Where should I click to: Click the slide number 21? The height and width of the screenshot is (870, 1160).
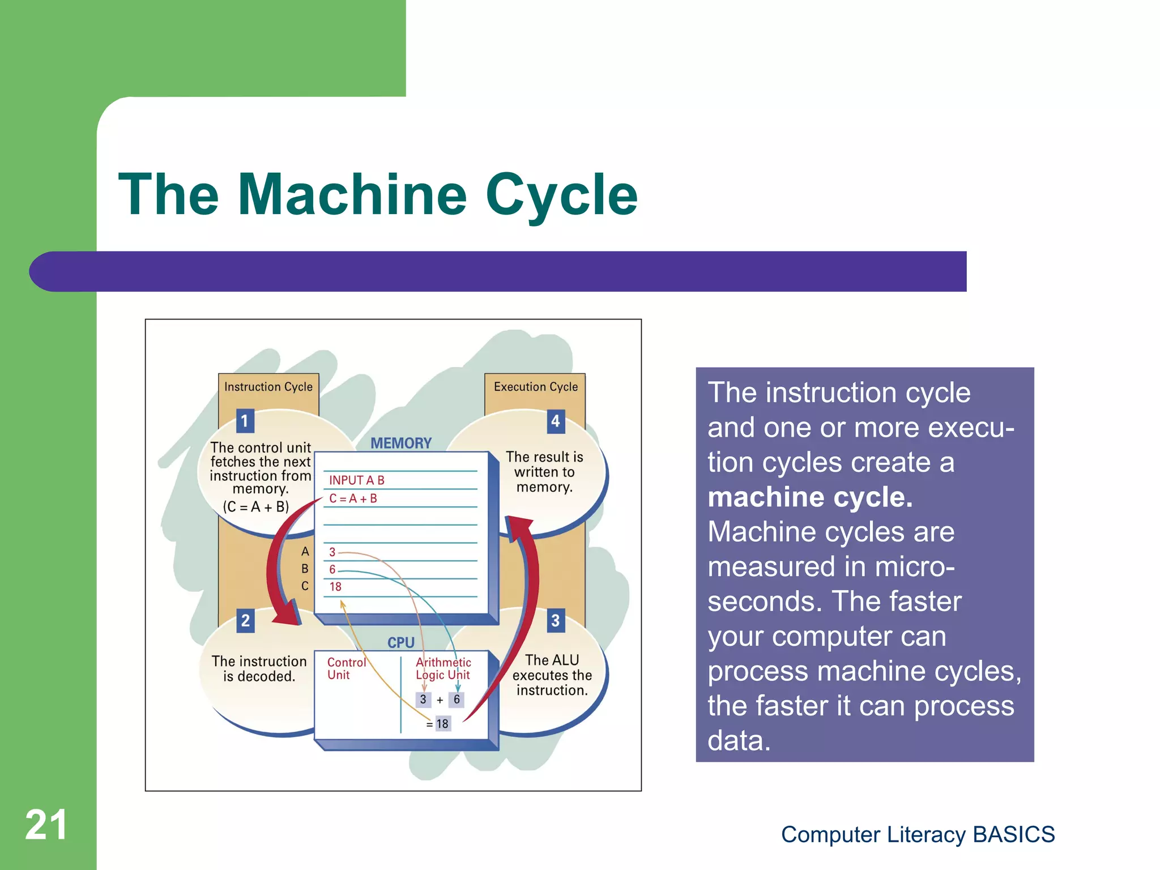coord(46,825)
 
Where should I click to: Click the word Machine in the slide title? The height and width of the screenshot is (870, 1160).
coord(352,195)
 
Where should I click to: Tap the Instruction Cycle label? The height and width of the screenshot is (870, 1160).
coord(268,387)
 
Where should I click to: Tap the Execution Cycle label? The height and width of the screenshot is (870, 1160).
coord(536,387)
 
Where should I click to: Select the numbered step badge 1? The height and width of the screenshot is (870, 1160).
coord(245,421)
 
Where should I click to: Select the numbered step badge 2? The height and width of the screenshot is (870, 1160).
coord(245,621)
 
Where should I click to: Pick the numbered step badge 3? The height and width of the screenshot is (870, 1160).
coord(556,621)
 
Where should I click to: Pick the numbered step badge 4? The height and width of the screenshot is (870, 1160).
coord(556,421)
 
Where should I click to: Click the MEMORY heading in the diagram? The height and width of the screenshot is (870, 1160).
coord(401,443)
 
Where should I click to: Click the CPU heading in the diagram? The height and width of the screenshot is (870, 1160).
coord(401,643)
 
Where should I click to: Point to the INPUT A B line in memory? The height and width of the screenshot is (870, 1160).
coord(357,480)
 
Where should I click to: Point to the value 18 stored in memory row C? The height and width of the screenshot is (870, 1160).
coord(335,587)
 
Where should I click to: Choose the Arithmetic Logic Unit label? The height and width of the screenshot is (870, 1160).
coord(443,669)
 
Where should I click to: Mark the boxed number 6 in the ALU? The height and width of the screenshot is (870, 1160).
coord(457,700)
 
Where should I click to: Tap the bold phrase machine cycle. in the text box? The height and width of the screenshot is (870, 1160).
coord(810,497)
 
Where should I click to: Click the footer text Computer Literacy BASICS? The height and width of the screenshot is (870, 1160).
coord(918,834)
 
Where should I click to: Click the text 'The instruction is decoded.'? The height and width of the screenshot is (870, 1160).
coord(259,669)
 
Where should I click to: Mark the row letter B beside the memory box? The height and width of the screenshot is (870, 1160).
coord(305,569)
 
